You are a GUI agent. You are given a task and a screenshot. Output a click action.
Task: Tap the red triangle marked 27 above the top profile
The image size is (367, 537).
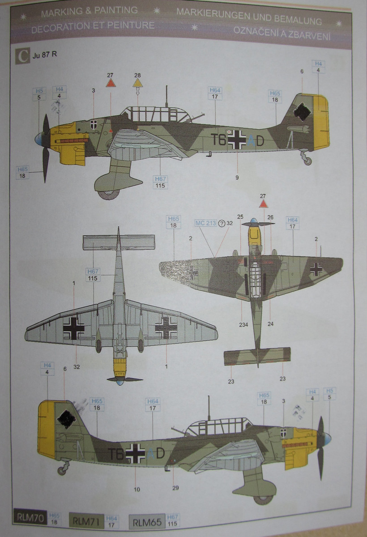tap(111, 83)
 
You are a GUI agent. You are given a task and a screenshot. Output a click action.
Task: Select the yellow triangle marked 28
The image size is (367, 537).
tap(137, 83)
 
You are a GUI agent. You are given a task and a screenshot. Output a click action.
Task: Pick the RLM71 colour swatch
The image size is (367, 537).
tap(86, 521)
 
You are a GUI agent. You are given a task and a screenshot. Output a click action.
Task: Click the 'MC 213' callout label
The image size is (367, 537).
tap(205, 223)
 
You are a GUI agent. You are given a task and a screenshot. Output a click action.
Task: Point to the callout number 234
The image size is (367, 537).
tap(243, 324)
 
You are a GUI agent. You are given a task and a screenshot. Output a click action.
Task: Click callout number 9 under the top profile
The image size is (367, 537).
tap(237, 178)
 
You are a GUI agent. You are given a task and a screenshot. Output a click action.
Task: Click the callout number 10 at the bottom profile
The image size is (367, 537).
tap(137, 489)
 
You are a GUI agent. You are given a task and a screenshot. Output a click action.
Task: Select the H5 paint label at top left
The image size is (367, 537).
tap(39, 91)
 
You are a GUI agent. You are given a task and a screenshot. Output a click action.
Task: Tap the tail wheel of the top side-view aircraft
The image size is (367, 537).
tap(307, 161)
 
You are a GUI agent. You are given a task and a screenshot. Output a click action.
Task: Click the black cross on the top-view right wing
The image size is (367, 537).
tap(316, 268)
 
